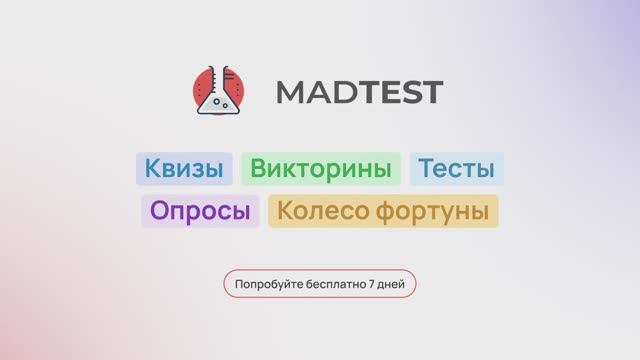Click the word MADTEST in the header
(x=358, y=93)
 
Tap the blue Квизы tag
(x=184, y=169)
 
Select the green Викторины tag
(x=320, y=169)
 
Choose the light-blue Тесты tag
(x=456, y=169)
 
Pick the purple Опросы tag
(x=200, y=211)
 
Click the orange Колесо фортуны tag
(x=383, y=211)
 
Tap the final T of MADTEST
(x=430, y=93)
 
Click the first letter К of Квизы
(x=151, y=169)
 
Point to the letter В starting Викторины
(x=258, y=169)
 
